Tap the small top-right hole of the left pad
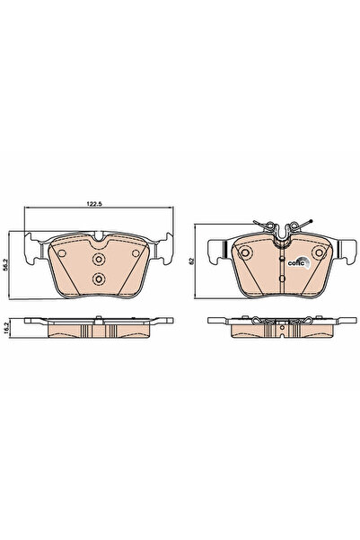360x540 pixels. coord(135,254)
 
